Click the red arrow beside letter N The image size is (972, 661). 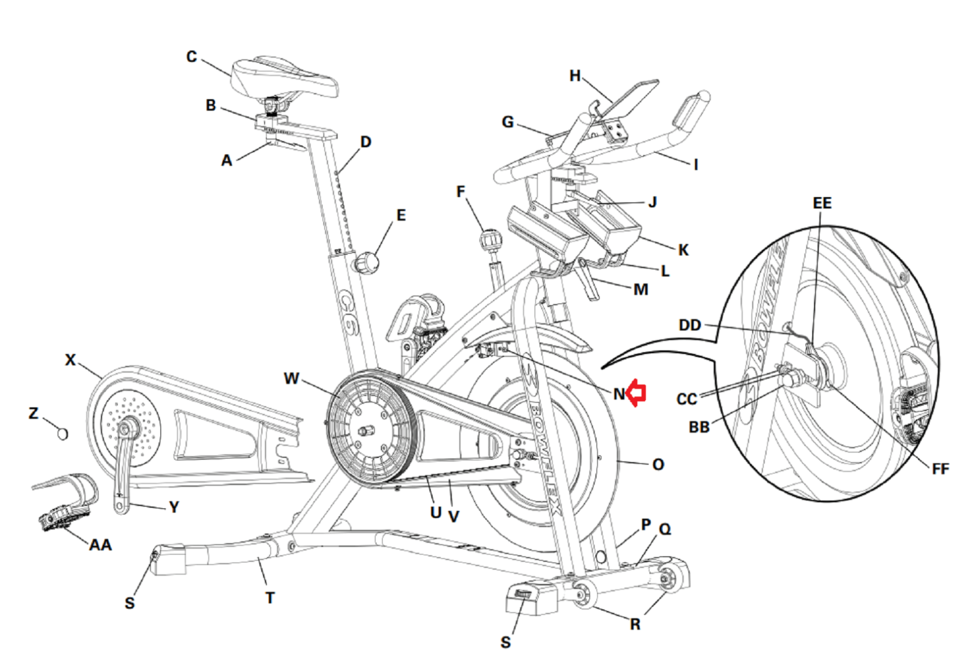636,393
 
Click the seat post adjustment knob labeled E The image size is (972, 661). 367,263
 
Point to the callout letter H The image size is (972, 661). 575,76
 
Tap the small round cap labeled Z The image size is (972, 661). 62,433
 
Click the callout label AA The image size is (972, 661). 100,545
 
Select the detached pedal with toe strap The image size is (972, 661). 66,502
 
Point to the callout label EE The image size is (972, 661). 821,203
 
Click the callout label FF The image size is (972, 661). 940,469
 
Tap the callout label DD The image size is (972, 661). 690,325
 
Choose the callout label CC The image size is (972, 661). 686,399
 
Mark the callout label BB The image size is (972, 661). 699,427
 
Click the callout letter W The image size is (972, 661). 291,378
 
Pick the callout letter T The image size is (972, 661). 270,598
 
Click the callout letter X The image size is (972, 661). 70,360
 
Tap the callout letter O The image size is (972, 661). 658,465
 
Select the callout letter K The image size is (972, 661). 683,250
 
